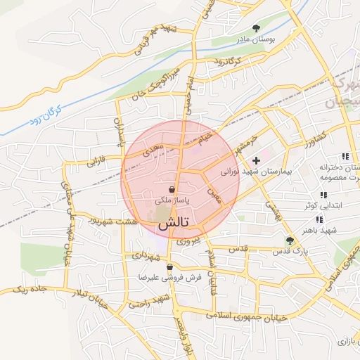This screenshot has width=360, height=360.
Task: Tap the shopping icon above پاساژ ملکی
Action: (172, 189)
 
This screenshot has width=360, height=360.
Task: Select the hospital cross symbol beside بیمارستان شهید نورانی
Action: (256, 161)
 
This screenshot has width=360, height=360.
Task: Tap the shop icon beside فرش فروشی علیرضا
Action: (169, 267)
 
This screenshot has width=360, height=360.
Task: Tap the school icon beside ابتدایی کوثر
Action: (323, 195)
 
